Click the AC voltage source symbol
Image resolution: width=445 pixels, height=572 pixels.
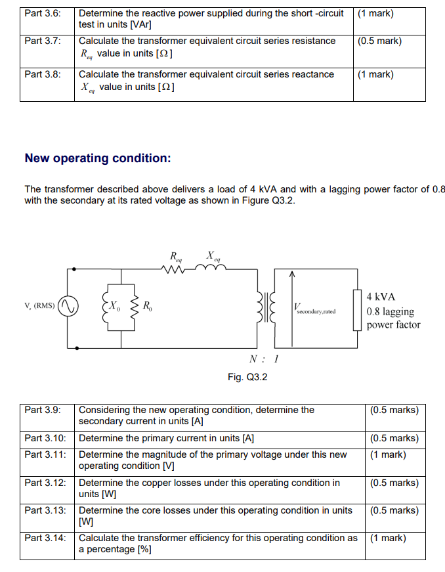pos(69,305)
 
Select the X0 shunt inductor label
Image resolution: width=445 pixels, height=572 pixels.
pos(114,305)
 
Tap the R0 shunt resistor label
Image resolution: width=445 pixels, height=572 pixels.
pos(148,305)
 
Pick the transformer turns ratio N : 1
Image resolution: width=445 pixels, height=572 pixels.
pos(265,359)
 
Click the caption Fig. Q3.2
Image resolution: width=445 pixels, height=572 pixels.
pos(247,377)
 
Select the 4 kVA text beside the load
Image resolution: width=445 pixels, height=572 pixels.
pos(381,297)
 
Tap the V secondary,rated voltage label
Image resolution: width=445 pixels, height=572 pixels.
pos(314,308)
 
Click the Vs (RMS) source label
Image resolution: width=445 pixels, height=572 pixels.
pos(39,305)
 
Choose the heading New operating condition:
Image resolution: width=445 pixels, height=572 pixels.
pos(98,158)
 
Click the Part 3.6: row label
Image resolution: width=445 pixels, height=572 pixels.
pos(43,14)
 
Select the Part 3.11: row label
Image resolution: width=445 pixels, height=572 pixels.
pos(45,454)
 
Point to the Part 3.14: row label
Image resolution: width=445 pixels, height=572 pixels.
pos(45,538)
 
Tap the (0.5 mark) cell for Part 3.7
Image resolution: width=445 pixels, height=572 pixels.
pos(380,41)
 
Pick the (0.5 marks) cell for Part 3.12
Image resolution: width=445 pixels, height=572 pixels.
pos(394,483)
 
